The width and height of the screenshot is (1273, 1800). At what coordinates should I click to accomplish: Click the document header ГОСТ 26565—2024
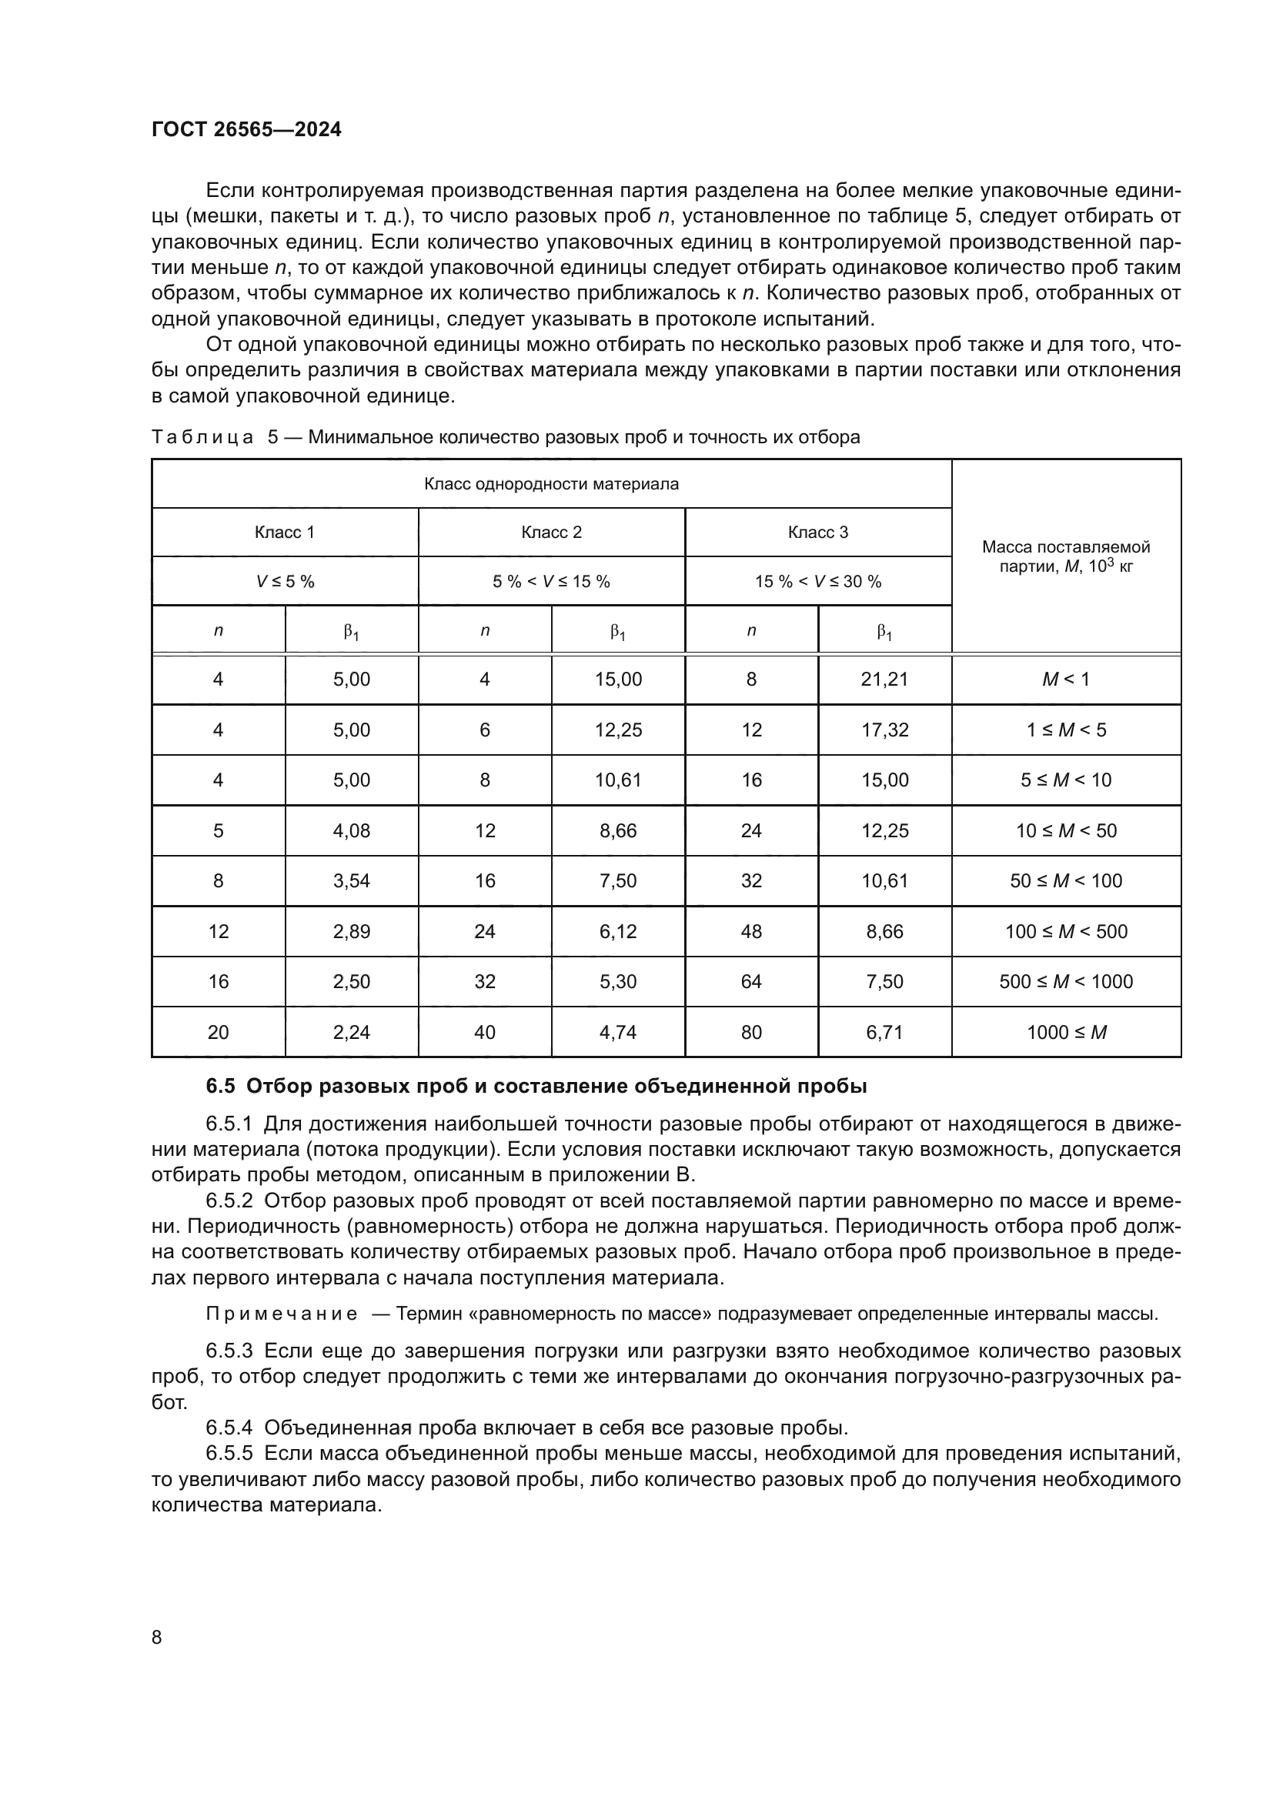coord(246,129)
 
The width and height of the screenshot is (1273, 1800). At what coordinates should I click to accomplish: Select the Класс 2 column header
coord(551,533)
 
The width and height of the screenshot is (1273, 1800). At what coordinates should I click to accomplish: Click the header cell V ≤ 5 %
coord(285,581)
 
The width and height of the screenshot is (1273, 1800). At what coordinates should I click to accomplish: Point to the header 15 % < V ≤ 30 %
coord(817,581)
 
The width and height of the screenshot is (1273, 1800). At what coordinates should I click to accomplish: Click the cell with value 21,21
coord(884,679)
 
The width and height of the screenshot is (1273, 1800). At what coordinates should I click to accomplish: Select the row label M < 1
coord(1065,679)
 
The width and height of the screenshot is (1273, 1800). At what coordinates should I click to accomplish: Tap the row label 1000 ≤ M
coord(1066,1032)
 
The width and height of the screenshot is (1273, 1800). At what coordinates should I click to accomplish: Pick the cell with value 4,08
coord(351,830)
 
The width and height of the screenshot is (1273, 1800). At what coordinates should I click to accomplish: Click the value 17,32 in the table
coord(884,730)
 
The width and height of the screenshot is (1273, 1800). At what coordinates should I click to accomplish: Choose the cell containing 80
coord(751,1032)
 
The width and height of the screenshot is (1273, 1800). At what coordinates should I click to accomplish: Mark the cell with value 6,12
coord(618,931)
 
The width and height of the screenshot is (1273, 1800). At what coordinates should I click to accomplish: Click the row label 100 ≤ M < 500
coord(1066,931)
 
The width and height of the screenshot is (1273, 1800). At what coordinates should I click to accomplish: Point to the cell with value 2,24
coord(351,1032)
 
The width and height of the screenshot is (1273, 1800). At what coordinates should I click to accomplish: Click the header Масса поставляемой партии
coord(1065,556)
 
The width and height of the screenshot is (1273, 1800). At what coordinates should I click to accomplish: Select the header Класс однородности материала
coord(551,484)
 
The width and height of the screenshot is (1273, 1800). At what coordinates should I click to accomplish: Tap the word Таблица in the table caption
coord(202,436)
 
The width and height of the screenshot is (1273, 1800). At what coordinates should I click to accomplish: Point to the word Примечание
coord(282,1313)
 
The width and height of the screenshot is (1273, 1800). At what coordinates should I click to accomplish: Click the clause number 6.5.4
coord(229,1427)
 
